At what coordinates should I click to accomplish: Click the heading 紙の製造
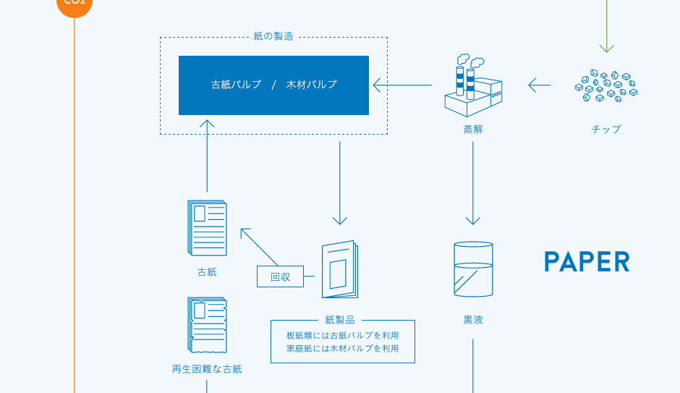273,36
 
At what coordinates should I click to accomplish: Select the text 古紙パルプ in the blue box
237,85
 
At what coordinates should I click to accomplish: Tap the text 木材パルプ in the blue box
311,85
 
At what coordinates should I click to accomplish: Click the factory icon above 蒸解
473,85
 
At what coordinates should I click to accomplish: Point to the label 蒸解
473,130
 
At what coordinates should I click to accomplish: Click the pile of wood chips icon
606,85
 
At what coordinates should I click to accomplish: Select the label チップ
606,130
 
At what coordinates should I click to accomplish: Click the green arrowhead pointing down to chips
607,48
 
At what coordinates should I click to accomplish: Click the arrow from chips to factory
540,85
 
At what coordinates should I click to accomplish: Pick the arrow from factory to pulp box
402,85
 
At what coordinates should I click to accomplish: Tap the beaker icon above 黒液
473,269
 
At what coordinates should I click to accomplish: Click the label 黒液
473,320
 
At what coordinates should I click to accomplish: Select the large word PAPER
587,261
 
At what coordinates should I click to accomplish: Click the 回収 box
280,276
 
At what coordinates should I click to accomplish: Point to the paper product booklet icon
340,269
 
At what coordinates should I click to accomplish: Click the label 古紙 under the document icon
207,272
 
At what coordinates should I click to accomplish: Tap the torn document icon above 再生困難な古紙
208,325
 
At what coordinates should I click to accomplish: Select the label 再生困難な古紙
207,369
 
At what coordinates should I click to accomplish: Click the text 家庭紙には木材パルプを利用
343,348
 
